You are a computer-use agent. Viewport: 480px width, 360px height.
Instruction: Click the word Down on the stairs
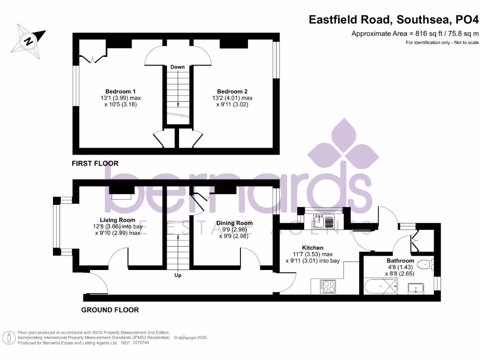(177, 67)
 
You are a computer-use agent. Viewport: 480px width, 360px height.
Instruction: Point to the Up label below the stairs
(178, 275)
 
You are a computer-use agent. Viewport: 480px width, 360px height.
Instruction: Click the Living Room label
(117, 220)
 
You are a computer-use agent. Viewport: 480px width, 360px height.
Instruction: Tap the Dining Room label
(234, 223)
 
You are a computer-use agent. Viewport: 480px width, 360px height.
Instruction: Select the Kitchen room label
(312, 247)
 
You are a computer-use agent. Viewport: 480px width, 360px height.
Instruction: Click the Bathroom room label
(400, 261)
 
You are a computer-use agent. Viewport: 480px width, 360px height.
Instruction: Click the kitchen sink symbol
(324, 220)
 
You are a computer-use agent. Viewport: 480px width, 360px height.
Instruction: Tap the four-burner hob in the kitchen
(327, 286)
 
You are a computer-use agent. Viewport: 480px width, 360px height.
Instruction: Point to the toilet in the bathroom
(425, 264)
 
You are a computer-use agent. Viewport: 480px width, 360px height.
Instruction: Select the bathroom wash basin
(416, 288)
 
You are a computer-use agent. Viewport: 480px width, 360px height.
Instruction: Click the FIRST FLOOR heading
(95, 164)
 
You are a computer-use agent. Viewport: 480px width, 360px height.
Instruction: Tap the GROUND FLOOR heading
(110, 310)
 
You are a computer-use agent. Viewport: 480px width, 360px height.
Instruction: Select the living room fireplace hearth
(121, 196)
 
